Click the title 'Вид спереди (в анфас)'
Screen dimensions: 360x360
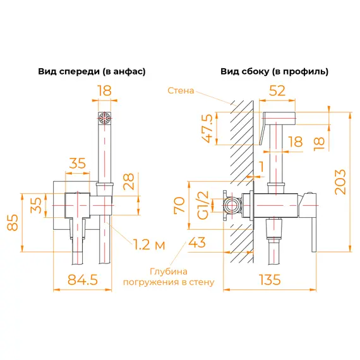pyautogui.click(x=92, y=72)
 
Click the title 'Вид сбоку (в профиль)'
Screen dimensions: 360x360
pyautogui.click(x=275, y=72)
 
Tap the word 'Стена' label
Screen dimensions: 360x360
pyautogui.click(x=181, y=90)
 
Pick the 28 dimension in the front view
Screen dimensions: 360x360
pyautogui.click(x=128, y=183)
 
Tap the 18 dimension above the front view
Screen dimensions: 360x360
pyautogui.click(x=104, y=90)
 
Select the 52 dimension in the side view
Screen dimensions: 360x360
pyautogui.click(x=276, y=90)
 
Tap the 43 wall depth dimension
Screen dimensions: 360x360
pyautogui.click(x=197, y=242)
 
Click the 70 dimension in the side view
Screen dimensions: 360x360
pyautogui.click(x=179, y=205)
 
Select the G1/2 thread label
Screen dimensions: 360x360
pyautogui.click(x=203, y=205)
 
